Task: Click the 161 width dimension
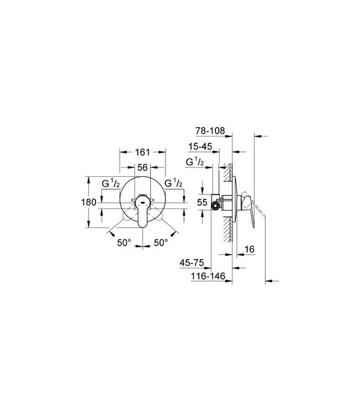pos(142,152)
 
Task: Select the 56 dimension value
pos(142,167)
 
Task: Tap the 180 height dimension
pos(88,203)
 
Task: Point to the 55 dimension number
pos(202,203)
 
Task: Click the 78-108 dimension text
pos(210,131)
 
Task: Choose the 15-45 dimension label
pos(200,146)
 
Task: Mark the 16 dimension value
pos(249,249)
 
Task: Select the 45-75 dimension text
pos(191,263)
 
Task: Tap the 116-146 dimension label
pos(208,276)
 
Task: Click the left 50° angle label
pos(124,242)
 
